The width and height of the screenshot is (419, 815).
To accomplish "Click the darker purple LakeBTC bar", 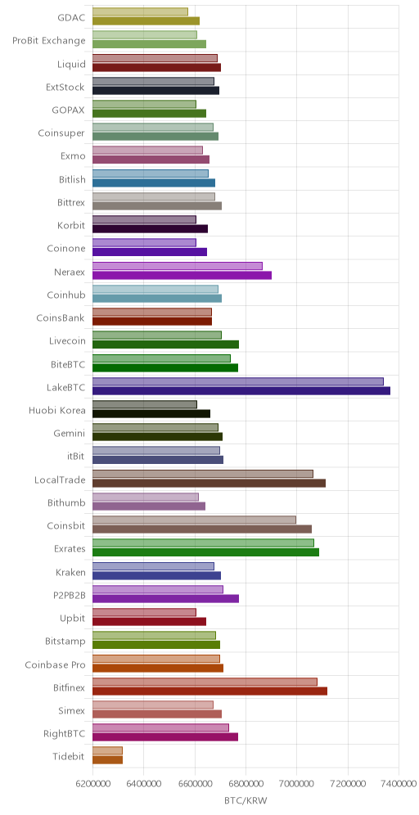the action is (x=241, y=391).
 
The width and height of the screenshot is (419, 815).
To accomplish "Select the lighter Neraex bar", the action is (x=178, y=266).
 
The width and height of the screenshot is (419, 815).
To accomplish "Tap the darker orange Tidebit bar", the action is (x=107, y=760).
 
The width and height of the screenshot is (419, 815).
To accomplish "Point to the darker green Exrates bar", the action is (x=206, y=552).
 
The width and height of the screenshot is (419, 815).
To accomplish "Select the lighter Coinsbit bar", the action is (x=195, y=520).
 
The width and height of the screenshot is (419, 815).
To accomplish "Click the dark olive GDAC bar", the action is (x=146, y=20).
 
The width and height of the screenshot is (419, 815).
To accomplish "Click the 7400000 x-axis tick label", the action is (x=399, y=784).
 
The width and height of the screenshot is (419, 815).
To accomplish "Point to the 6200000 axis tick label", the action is (x=93, y=784).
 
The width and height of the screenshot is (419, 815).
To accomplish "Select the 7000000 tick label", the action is (x=297, y=784).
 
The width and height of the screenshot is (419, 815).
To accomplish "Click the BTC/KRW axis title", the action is (x=246, y=801).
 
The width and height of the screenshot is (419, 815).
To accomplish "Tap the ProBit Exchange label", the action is (x=49, y=41).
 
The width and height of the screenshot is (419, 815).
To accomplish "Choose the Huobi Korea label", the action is (x=57, y=411).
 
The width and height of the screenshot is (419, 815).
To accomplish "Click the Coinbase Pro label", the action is (x=55, y=664).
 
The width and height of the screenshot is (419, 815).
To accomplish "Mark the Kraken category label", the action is (x=70, y=572).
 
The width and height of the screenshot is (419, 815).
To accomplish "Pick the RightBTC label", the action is (x=65, y=734).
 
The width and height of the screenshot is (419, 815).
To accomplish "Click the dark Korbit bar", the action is (x=151, y=228).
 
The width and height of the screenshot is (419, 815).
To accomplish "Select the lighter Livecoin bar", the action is (x=157, y=335).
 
